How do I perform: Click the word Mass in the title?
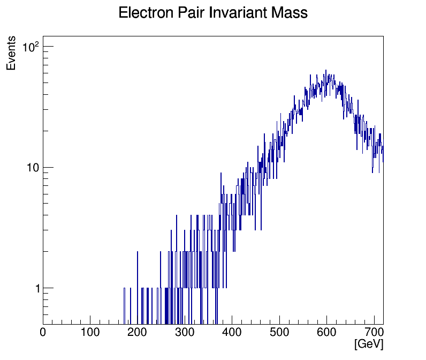pyautogui.click(x=287, y=13)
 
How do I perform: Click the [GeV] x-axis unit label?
pyautogui.click(x=368, y=344)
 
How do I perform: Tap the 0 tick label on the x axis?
pyautogui.click(x=43, y=333)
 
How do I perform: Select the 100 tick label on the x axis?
pyautogui.click(x=90, y=333)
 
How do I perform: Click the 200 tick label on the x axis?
pyautogui.click(x=138, y=333)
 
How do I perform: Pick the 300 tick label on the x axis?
pyautogui.click(x=185, y=333)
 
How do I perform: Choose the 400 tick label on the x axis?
pyautogui.click(x=232, y=333)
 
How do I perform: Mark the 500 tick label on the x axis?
pyautogui.click(x=279, y=333)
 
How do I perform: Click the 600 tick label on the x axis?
pyautogui.click(x=326, y=333)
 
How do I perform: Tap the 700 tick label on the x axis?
pyautogui.click(x=373, y=333)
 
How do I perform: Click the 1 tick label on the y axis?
pyautogui.click(x=37, y=288)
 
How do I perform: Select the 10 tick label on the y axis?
pyautogui.click(x=33, y=168)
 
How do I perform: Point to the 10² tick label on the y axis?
pyautogui.click(x=31, y=47)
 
